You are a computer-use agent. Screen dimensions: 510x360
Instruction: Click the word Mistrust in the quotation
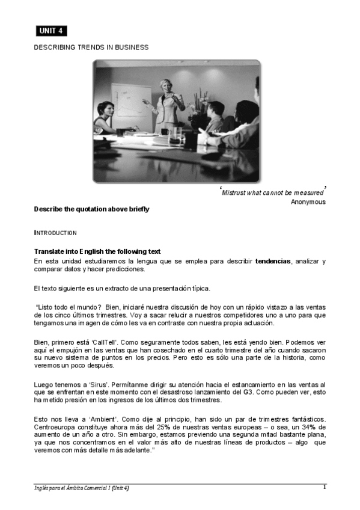[x=233, y=192]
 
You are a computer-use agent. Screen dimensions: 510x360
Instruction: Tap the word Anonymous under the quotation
[x=308, y=201]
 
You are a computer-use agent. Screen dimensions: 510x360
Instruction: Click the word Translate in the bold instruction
[x=50, y=251]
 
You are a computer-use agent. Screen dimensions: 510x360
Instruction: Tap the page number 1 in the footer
[x=325, y=487]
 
